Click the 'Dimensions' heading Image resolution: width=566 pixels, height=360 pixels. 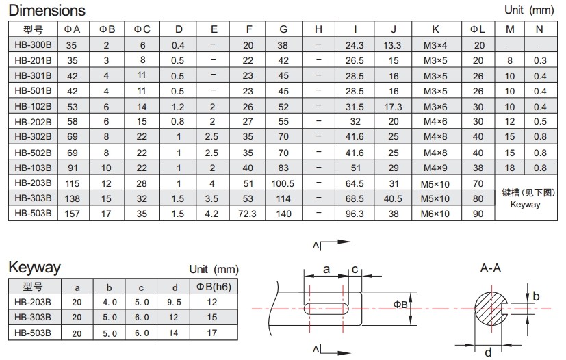47,10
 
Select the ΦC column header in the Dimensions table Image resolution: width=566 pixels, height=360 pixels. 142,29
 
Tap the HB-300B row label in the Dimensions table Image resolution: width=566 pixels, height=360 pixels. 33,44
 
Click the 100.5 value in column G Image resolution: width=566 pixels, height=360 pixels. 283,183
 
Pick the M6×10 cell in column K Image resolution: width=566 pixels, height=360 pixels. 435,214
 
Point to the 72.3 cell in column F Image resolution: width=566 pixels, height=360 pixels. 247,214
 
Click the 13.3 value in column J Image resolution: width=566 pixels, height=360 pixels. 392,45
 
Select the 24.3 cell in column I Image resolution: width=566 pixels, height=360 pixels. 355,45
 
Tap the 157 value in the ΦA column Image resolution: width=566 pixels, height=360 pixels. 72,214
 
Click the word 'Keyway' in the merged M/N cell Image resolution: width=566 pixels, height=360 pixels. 525,205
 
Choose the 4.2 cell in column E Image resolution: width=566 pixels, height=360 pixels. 211,214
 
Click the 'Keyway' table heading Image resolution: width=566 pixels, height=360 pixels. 35,268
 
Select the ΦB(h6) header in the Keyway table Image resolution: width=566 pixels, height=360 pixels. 214,287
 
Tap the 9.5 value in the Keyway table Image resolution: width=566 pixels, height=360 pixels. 174,303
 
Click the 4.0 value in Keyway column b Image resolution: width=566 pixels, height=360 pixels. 110,303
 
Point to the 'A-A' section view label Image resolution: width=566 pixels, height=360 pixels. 491,268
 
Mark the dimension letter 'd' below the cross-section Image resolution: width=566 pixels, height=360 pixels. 488,352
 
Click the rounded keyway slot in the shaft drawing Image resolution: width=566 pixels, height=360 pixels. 326,309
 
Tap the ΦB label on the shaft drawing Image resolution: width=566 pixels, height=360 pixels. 400,305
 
